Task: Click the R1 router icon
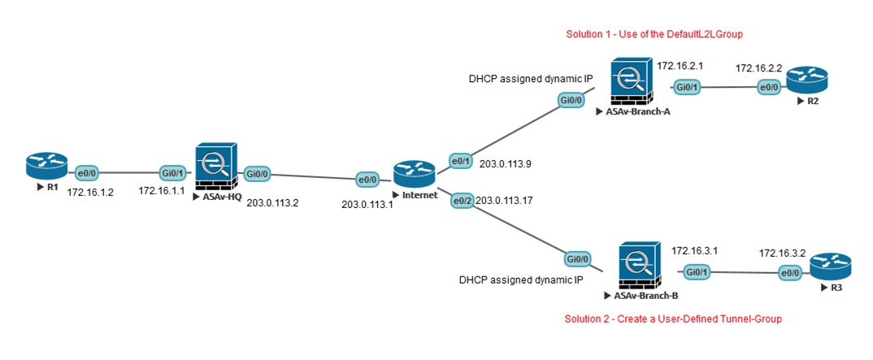(x=42, y=167)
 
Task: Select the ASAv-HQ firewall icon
(x=215, y=167)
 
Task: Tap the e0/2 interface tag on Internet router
(x=461, y=199)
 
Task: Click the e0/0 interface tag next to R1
(x=87, y=173)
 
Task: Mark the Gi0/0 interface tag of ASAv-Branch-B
(x=577, y=259)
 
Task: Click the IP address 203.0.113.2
(x=273, y=203)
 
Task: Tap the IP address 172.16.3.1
(x=693, y=252)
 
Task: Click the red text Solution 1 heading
(x=654, y=35)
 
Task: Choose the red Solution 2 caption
(x=673, y=319)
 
